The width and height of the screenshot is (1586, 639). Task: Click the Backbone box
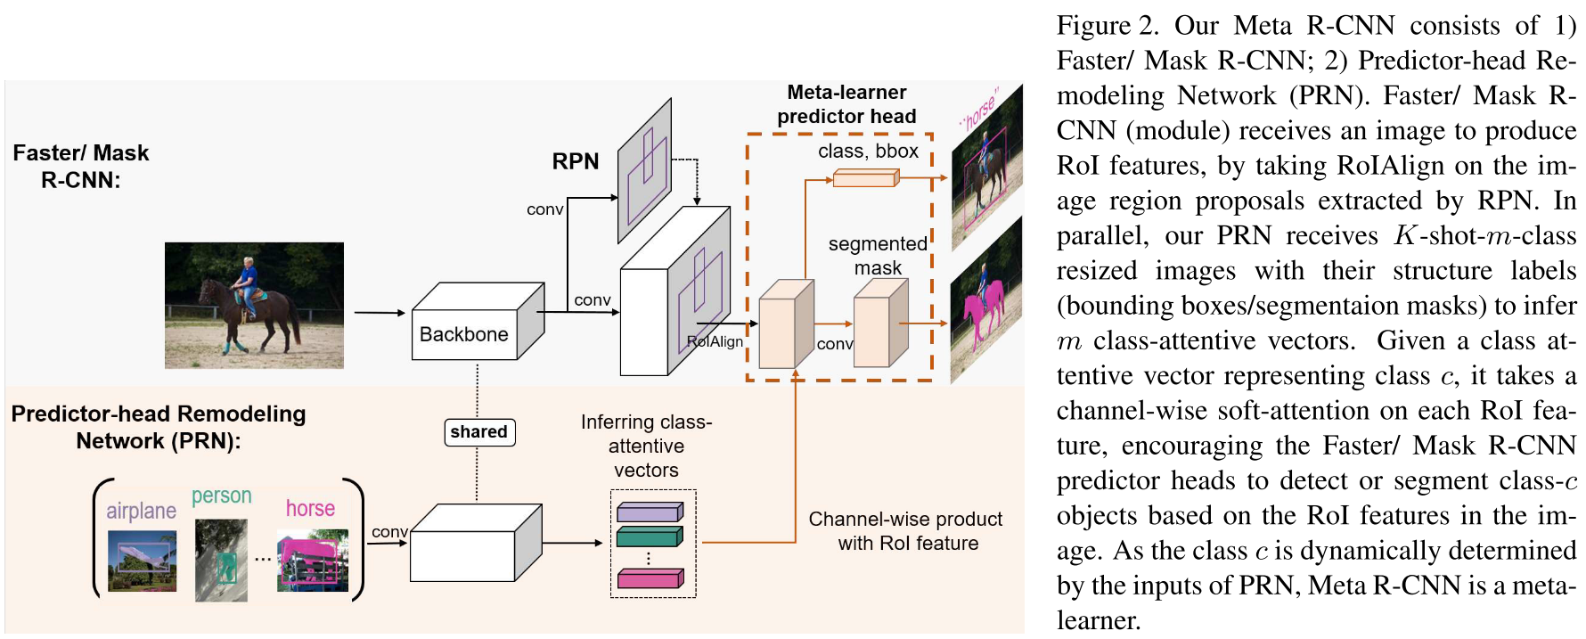pyautogui.click(x=464, y=334)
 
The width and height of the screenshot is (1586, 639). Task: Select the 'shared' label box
pyautogui.click(x=478, y=432)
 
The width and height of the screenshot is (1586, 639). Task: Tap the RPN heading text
pyautogui.click(x=576, y=161)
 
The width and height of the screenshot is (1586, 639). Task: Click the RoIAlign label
pyautogui.click(x=715, y=341)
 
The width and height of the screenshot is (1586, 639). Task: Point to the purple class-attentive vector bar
pyautogui.click(x=650, y=512)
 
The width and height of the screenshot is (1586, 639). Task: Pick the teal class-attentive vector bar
pyautogui.click(x=650, y=537)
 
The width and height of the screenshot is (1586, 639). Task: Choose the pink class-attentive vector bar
pyautogui.click(x=650, y=578)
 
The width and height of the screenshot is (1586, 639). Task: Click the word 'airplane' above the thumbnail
pyautogui.click(x=141, y=511)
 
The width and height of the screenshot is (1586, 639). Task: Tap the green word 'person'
pyautogui.click(x=221, y=496)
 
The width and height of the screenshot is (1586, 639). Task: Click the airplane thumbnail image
pyautogui.click(x=142, y=561)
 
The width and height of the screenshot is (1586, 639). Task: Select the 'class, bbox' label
pyautogui.click(x=868, y=152)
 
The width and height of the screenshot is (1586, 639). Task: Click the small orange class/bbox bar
pyautogui.click(x=865, y=179)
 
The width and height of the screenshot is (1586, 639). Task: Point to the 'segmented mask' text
pyautogui.click(x=878, y=256)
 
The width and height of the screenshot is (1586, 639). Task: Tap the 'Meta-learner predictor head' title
pyautogui.click(x=846, y=104)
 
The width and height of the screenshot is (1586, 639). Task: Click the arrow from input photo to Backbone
pyautogui.click(x=379, y=313)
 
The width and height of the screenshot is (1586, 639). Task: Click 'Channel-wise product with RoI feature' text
pyautogui.click(x=906, y=531)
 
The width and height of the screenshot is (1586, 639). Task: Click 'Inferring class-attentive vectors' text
pyautogui.click(x=646, y=446)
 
